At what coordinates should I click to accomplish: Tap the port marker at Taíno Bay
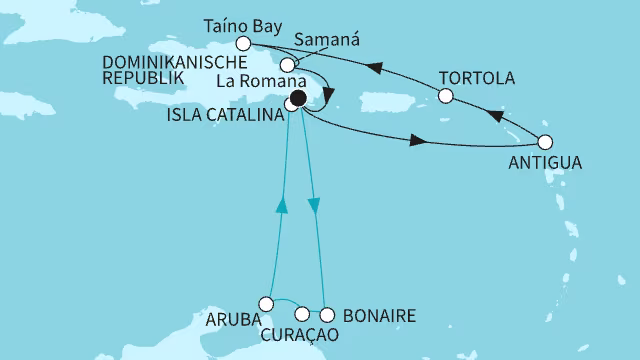(242, 44)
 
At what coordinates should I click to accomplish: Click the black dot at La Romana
(298, 98)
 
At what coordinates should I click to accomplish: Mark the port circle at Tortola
(446, 97)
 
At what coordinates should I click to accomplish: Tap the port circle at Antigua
(545, 141)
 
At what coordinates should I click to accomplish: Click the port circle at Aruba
(266, 303)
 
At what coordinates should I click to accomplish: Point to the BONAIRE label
(378, 316)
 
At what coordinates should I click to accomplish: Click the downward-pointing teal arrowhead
(316, 206)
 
